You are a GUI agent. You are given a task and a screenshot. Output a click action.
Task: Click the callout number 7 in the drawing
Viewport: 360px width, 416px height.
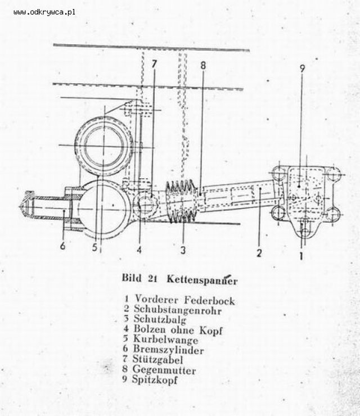[154, 64]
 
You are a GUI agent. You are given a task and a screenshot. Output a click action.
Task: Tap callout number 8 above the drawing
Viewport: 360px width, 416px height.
[203, 65]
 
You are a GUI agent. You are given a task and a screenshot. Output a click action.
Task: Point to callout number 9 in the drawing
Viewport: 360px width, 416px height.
[303, 68]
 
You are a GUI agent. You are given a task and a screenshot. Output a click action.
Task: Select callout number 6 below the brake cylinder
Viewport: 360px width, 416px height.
[62, 246]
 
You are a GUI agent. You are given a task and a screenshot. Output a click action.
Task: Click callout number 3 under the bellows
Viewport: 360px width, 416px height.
[183, 250]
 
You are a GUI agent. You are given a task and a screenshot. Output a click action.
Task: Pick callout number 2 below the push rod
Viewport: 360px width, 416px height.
[259, 252]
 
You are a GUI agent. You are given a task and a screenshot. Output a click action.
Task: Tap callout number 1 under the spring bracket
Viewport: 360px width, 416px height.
[301, 256]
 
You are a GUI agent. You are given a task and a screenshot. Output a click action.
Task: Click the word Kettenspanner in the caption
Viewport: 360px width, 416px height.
[202, 280]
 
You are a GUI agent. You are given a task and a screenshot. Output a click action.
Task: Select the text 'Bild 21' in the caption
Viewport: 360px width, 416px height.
[139, 279]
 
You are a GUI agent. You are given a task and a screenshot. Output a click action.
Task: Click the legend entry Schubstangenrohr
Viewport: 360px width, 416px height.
[177, 310]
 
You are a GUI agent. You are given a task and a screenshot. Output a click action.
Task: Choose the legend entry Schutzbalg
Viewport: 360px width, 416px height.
[160, 319]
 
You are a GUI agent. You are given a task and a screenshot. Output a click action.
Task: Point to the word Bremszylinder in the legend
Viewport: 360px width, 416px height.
[168, 350]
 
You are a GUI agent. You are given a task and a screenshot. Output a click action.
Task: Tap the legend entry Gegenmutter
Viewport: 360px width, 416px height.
[164, 370]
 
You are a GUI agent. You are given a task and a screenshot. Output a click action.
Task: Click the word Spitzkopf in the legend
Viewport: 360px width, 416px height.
[155, 379]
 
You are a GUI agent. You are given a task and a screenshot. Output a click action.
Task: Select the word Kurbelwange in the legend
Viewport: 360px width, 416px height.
[166, 340]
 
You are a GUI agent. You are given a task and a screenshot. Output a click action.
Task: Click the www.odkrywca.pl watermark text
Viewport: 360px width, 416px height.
[44, 12]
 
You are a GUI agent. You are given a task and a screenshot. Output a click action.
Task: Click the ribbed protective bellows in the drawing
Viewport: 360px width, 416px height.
[182, 201]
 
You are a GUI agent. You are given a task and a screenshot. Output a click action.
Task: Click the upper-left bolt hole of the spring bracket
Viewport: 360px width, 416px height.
[278, 173]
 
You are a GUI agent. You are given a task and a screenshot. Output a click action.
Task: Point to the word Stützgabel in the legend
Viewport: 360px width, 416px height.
[157, 360]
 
